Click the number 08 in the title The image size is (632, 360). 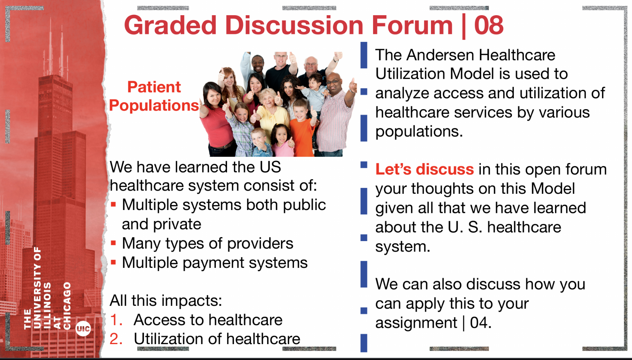489,25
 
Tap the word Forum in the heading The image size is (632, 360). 412,25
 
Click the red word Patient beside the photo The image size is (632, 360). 154,87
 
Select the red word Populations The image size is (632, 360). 154,106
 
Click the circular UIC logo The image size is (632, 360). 83,329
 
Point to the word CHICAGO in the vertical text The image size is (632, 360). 67,306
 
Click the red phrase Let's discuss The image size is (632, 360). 424,169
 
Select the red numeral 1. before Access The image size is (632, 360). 116,320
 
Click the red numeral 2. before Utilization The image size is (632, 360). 116,339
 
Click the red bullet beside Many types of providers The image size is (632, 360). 113,243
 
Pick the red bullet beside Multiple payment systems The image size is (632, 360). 113,262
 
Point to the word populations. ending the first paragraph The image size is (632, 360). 419,132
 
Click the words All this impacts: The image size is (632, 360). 166,301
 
